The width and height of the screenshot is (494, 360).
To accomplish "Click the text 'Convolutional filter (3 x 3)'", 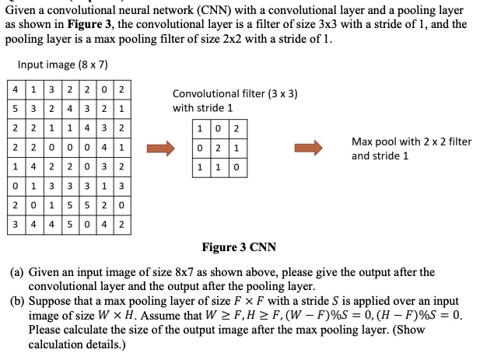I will pyautogui.click(x=234, y=94).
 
